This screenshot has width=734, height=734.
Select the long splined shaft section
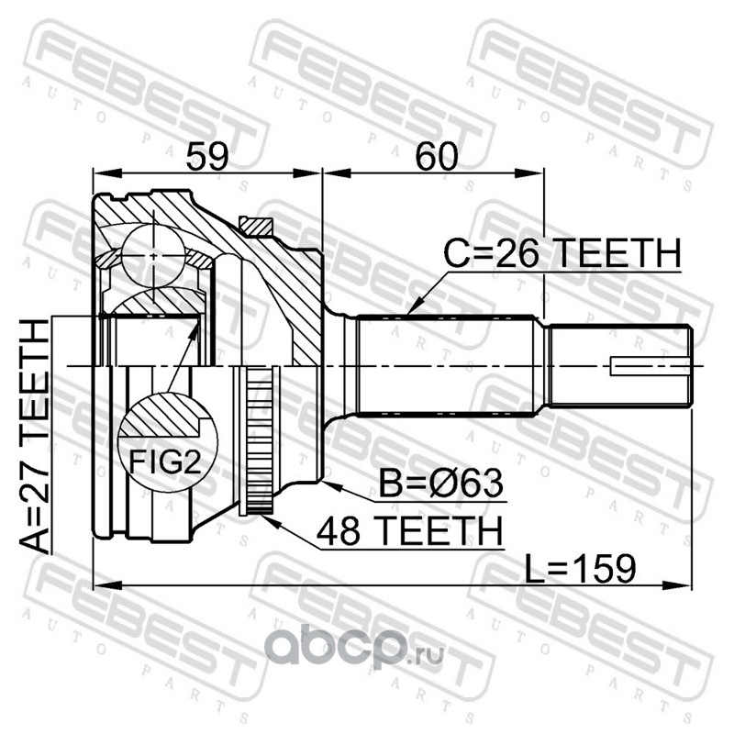click(450, 365)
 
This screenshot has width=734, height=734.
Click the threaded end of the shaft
click(619, 366)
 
